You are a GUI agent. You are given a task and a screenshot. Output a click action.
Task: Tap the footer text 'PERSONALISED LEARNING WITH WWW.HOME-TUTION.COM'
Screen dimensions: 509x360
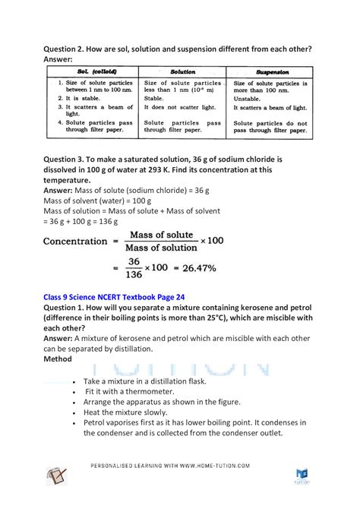click(x=180, y=466)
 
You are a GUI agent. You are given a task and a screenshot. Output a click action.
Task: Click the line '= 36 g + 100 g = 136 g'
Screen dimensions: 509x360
click(x=81, y=221)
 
